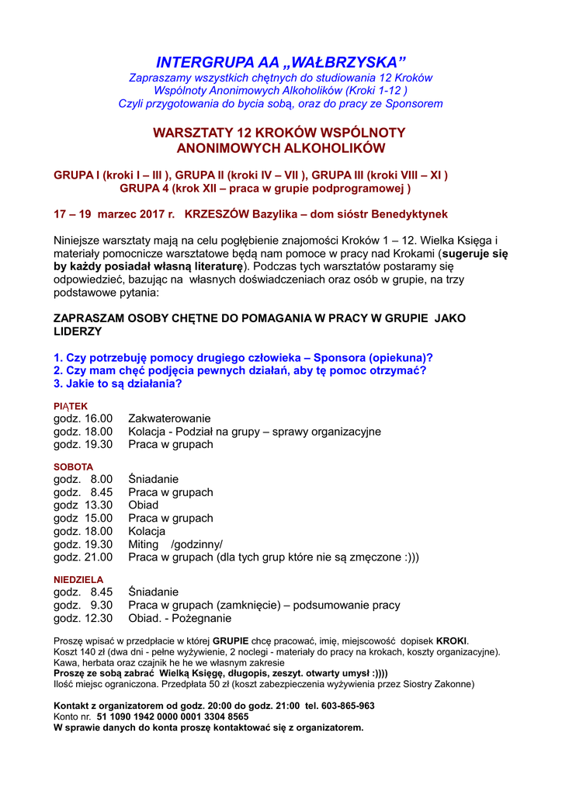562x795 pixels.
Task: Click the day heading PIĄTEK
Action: [71, 406]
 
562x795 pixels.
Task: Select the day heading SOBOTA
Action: [73, 467]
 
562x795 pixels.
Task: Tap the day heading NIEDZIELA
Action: [78, 579]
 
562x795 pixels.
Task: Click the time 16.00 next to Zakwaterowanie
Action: [99, 419]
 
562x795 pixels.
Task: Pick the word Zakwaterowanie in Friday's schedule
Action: [169, 419]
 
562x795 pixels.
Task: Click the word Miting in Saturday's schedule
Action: [144, 544]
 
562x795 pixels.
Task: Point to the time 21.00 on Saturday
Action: [99, 557]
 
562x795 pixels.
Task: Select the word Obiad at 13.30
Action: [144, 505]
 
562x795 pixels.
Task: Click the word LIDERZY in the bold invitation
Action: [78, 332]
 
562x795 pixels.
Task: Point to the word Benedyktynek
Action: [412, 214]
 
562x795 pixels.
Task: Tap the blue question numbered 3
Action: [118, 384]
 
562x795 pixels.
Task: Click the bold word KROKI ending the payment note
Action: [452, 641]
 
